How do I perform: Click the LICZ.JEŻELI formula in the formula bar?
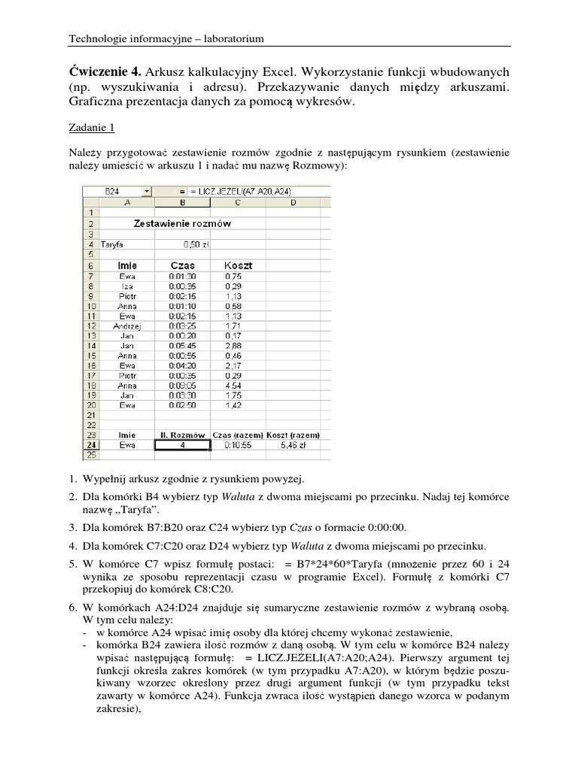pyautogui.click(x=230, y=192)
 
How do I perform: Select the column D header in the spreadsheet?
pyautogui.click(x=293, y=202)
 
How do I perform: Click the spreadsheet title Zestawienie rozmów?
pyautogui.click(x=182, y=223)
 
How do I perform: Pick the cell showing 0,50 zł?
pyautogui.click(x=196, y=244)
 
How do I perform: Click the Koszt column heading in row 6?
pyautogui.click(x=238, y=265)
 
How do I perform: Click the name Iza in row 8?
pyautogui.click(x=126, y=286)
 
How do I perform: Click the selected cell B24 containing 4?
pyautogui.click(x=182, y=445)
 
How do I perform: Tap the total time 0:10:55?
pyautogui.click(x=238, y=445)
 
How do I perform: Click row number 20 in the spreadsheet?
pyautogui.click(x=90, y=405)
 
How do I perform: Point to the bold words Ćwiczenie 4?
pyautogui.click(x=105, y=71)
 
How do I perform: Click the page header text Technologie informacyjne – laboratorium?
pyautogui.click(x=166, y=38)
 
